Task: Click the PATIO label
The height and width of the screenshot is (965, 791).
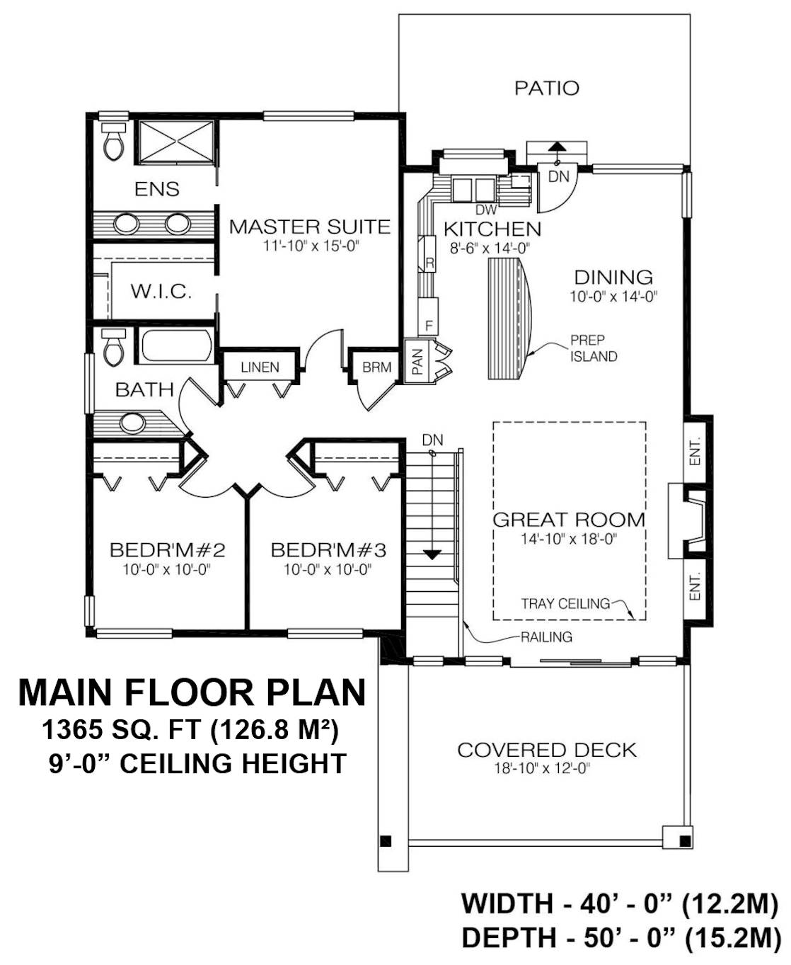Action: click(x=546, y=88)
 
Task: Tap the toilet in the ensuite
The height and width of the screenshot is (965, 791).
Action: click(x=113, y=141)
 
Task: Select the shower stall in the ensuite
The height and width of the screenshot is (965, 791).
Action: click(x=176, y=142)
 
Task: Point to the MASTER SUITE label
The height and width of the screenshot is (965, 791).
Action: click(x=310, y=227)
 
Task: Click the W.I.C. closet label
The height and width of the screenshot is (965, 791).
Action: click(x=161, y=291)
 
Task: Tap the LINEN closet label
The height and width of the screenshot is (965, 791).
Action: click(x=260, y=367)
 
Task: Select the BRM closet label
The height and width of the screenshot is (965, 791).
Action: click(x=377, y=367)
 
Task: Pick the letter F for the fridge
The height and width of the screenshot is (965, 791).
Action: click(x=429, y=326)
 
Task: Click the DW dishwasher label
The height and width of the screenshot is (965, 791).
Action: click(x=486, y=210)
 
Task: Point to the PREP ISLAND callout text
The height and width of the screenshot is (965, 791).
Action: click(x=594, y=348)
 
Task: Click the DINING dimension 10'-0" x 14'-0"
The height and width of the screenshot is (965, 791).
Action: click(x=613, y=297)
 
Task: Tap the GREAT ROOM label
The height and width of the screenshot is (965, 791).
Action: click(x=569, y=520)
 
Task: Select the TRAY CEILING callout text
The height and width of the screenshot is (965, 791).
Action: click(x=565, y=603)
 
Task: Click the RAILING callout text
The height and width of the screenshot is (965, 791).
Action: click(x=546, y=637)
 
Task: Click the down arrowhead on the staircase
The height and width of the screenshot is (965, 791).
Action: click(x=432, y=554)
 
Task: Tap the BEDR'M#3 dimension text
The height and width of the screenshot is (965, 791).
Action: click(x=327, y=570)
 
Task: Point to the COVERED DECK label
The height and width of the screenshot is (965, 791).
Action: click(x=547, y=750)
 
